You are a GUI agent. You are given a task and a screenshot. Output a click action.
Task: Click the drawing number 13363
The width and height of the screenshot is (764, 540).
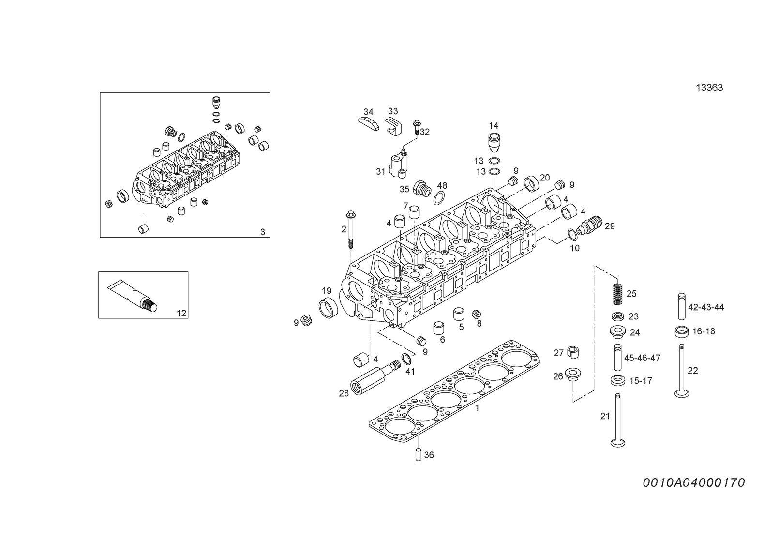(x=709, y=88)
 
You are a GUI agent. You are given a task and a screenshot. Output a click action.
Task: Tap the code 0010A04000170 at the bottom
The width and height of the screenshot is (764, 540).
(x=694, y=483)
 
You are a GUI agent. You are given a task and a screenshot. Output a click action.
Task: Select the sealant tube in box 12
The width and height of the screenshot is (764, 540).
(x=133, y=296)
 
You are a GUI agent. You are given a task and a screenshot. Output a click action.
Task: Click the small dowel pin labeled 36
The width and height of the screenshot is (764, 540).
(x=419, y=455)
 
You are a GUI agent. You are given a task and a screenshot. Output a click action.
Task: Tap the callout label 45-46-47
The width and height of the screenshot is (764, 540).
(x=642, y=358)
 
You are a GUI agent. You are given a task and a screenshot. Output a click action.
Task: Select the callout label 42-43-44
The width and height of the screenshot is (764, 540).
(x=706, y=307)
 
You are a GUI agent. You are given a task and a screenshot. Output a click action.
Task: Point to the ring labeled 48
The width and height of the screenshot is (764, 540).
(x=439, y=198)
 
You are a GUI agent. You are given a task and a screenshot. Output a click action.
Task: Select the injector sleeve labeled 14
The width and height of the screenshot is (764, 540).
(x=494, y=143)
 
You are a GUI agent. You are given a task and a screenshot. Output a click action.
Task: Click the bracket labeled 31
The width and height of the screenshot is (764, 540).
(x=398, y=165)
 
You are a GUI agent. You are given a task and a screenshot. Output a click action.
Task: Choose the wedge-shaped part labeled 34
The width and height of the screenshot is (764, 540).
(x=369, y=124)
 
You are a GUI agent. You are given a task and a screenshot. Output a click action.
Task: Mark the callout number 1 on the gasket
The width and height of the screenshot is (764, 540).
(x=477, y=407)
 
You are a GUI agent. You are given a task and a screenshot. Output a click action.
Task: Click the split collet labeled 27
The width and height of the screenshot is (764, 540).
(x=573, y=352)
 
